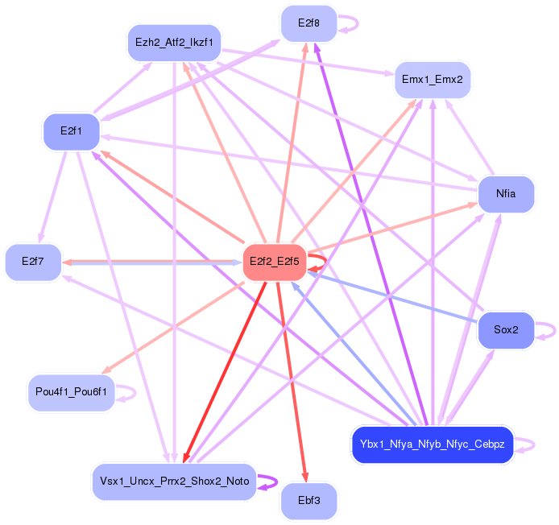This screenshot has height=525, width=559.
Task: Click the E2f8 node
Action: pyautogui.click(x=308, y=23)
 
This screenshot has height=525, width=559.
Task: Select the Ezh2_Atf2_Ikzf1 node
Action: pyautogui.click(x=174, y=42)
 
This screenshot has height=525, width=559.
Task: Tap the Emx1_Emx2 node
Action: pyautogui.click(x=432, y=80)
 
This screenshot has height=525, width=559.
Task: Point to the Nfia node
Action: pyautogui.click(x=506, y=194)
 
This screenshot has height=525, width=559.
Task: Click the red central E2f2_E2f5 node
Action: pyautogui.click(x=274, y=262)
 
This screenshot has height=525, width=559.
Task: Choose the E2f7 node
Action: pyautogui.click(x=33, y=262)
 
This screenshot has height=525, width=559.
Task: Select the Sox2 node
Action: pyautogui.click(x=506, y=330)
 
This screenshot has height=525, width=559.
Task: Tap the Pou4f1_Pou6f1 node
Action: pyautogui.click(x=71, y=392)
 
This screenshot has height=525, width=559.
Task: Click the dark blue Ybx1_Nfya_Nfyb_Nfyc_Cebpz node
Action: pyautogui.click(x=432, y=444)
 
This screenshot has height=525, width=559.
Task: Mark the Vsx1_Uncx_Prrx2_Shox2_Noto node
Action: pyautogui.click(x=174, y=482)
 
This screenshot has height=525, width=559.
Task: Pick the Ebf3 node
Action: pyautogui.click(x=308, y=500)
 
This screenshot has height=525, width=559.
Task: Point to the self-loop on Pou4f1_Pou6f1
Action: pyautogui.click(x=128, y=392)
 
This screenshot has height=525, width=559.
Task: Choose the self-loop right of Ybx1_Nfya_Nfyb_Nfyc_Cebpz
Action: pyautogui.click(x=526, y=444)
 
